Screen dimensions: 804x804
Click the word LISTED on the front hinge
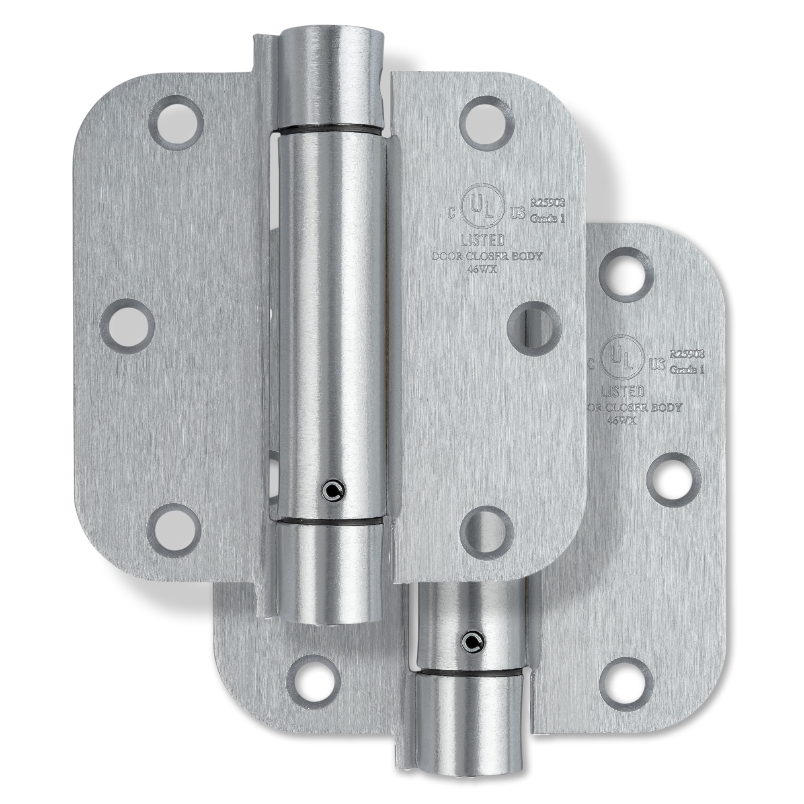(484, 240)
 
